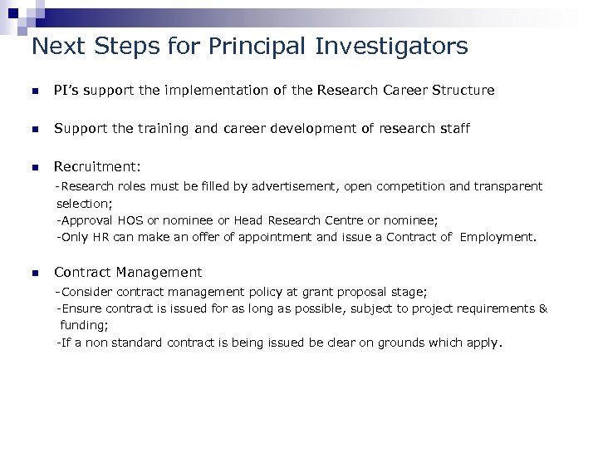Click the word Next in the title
57,46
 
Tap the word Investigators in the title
391,46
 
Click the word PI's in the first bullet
66,90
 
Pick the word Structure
463,90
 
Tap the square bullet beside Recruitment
34,167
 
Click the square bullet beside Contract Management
34,273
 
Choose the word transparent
507,187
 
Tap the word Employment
498,237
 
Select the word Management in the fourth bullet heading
159,273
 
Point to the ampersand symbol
543,308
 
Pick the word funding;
84,325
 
